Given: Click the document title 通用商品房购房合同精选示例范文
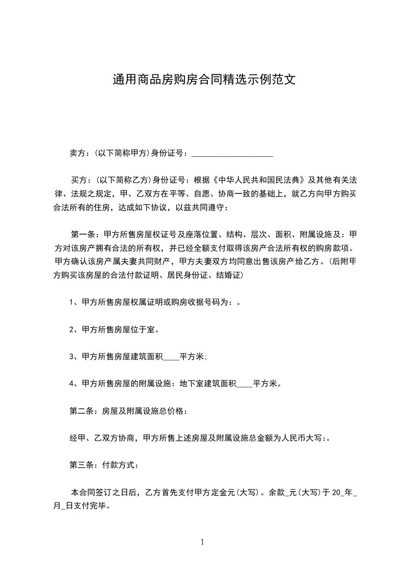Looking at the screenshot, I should (x=204, y=80).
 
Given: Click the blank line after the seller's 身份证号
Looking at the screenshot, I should (x=232, y=153).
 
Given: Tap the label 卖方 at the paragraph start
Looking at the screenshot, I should (x=77, y=153).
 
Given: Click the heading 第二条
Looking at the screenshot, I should (x=80, y=411).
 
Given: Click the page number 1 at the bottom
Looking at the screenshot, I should (x=202, y=542).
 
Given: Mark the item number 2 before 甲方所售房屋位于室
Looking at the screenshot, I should (x=72, y=330).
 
